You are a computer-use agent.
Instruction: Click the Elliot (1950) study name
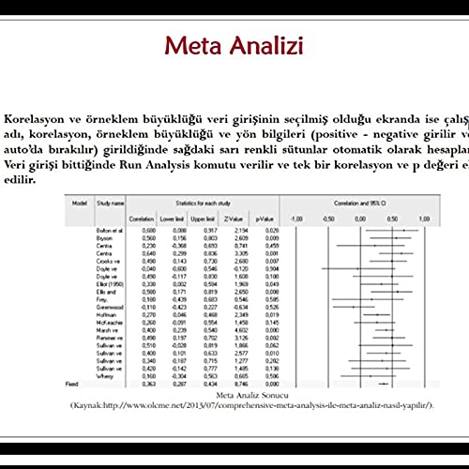[110, 285]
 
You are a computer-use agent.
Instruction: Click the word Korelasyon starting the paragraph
[37, 119]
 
